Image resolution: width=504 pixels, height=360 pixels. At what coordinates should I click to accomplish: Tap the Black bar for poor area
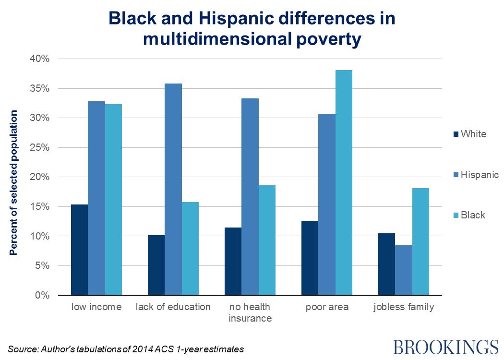[x=344, y=182]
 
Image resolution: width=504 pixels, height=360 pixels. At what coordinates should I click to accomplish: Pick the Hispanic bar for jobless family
[x=404, y=270]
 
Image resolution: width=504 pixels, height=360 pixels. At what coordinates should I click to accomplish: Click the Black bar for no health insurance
[x=267, y=240]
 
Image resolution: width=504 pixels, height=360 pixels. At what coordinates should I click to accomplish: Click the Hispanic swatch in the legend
[x=456, y=175]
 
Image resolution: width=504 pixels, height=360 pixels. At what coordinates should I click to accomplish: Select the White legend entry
[x=473, y=134]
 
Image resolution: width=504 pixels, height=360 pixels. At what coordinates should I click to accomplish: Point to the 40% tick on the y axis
[x=39, y=59]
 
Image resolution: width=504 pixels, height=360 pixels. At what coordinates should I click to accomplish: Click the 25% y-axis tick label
[x=39, y=148]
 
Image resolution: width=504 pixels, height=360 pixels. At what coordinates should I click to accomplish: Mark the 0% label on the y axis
[x=42, y=295]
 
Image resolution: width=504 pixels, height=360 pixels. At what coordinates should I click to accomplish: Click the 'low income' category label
[x=96, y=307]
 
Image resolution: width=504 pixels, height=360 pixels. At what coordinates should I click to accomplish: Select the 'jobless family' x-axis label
[x=404, y=307]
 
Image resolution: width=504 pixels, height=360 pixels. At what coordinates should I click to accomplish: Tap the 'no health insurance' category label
[x=250, y=312]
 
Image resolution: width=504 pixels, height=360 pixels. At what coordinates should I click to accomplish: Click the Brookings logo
[x=446, y=347]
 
